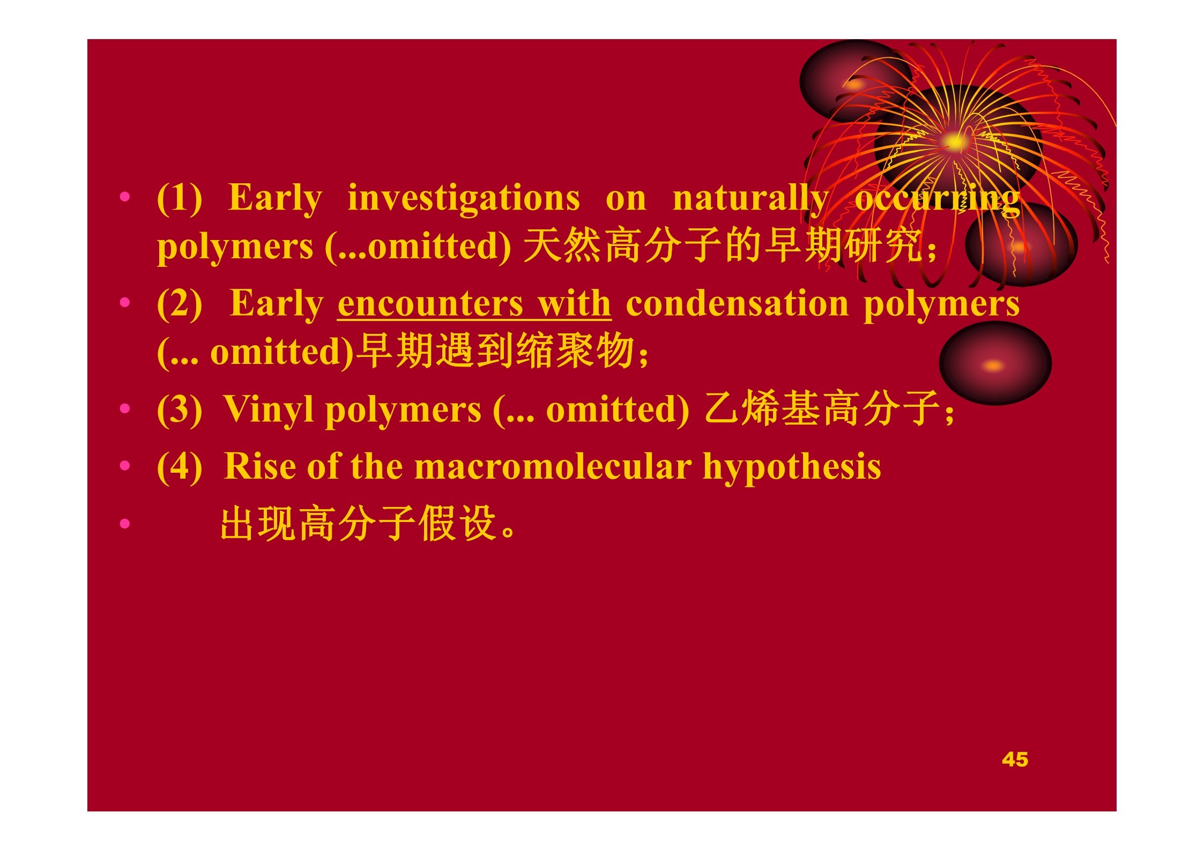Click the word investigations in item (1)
(x=464, y=199)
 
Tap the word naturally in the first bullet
(x=751, y=199)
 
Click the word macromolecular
(x=553, y=466)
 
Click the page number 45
(x=1015, y=759)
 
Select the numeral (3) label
(x=180, y=410)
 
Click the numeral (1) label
(x=180, y=199)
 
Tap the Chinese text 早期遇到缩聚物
(x=496, y=351)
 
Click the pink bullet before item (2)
(x=125, y=303)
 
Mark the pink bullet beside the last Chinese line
(x=125, y=523)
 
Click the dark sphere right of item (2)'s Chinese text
(x=995, y=363)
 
